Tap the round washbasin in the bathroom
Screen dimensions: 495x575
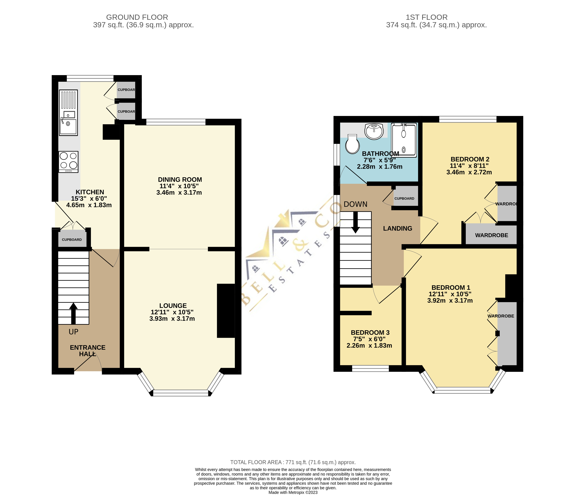[x=374, y=131]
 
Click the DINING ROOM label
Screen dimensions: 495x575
[x=180, y=180]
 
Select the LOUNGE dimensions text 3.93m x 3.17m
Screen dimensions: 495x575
[x=172, y=319]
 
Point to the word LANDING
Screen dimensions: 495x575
[x=397, y=228]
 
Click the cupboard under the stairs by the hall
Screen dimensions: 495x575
[x=72, y=239]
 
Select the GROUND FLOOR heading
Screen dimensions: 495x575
[x=137, y=17]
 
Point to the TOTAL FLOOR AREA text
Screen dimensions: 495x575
[x=293, y=462]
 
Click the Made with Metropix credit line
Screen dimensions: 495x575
[x=293, y=492]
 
